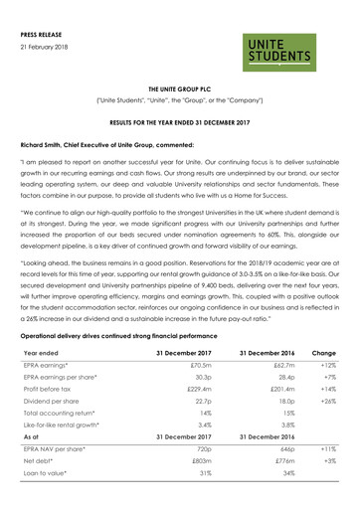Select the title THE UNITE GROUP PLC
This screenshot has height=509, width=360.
[x=180, y=88]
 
